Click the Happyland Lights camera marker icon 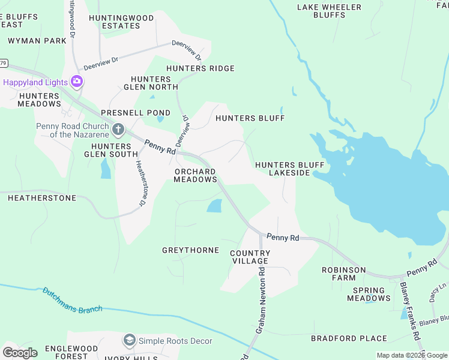point(76,81)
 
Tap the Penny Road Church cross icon point(118,128)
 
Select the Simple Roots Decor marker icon point(129,341)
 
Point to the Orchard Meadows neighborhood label point(195,175)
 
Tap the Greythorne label point(190,250)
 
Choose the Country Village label point(250,257)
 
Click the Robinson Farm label point(343,274)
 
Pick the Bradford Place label point(349,338)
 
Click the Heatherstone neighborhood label point(42,197)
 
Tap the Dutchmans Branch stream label point(72,300)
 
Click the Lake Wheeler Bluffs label point(330,11)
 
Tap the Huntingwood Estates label point(121,22)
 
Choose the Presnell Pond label point(127,112)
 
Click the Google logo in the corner point(20,352)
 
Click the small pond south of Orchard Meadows point(214,206)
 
